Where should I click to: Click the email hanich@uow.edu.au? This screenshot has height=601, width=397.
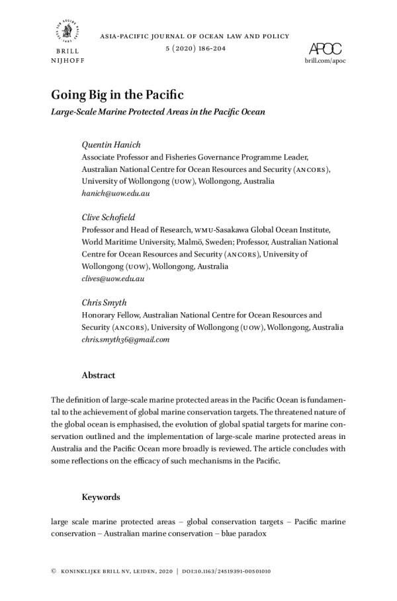115,193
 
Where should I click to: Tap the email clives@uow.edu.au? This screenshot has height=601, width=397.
112,278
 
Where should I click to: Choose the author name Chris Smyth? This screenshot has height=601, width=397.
104,302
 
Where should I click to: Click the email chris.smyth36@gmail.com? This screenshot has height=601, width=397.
125,339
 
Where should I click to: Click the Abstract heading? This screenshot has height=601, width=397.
98,375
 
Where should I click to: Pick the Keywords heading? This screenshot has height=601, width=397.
100,497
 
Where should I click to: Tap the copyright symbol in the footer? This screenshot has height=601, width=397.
53,571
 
